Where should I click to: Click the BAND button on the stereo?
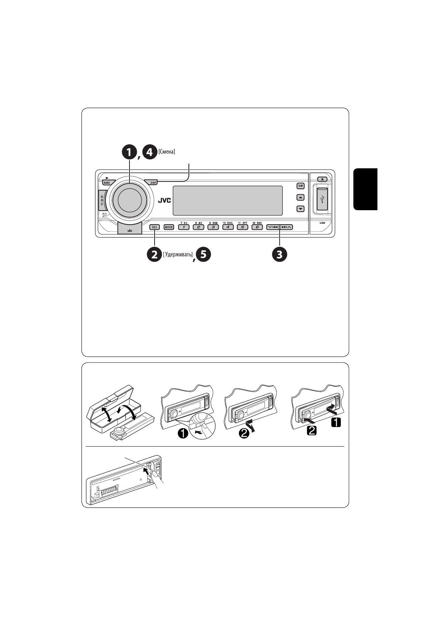click(107, 183)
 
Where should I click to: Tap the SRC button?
click(102, 201)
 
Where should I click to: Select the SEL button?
click(155, 227)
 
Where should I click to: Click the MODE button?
click(169, 227)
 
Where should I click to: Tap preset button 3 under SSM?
click(213, 227)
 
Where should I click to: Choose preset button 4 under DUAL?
click(228, 227)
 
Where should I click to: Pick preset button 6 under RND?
click(257, 227)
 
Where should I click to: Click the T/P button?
click(301, 186)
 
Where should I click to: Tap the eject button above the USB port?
click(322, 179)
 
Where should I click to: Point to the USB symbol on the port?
click(322, 199)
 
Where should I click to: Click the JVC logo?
click(165, 201)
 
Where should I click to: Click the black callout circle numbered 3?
click(279, 254)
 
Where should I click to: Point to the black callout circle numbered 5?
click(203, 255)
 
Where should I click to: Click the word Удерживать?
click(178, 254)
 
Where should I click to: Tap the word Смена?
click(167, 152)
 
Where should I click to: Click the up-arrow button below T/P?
click(301, 198)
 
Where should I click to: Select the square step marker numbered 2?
click(312, 430)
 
